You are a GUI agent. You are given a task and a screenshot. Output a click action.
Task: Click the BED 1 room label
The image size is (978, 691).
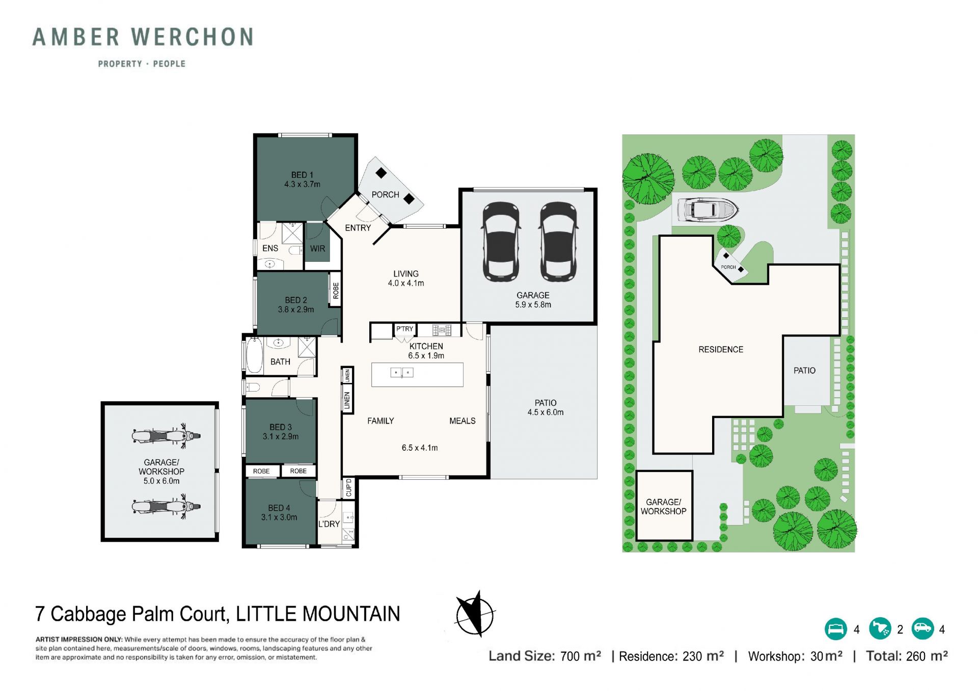click(x=302, y=175)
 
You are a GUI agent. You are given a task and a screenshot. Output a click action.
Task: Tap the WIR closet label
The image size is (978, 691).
click(x=317, y=248)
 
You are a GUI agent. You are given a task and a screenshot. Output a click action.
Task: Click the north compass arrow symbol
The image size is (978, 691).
click(x=475, y=614)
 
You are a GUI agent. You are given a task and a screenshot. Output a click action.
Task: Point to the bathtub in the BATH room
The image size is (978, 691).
click(x=254, y=355)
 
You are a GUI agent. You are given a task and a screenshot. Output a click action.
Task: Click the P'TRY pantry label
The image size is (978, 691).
click(x=405, y=329)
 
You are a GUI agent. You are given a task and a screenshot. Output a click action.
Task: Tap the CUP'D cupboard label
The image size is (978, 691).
click(x=349, y=487)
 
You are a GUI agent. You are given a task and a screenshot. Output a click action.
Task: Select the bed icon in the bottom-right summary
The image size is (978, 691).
click(x=835, y=629)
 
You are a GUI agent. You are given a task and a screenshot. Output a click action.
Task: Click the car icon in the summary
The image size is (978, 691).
click(x=922, y=629)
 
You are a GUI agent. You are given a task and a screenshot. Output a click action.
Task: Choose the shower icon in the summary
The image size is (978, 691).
click(x=880, y=629)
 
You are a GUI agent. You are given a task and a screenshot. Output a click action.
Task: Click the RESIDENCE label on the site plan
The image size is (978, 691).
click(x=721, y=349)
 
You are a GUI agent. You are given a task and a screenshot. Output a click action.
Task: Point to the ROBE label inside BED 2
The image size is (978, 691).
click(x=336, y=290)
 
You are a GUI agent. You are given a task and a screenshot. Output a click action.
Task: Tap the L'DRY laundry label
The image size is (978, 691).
click(x=329, y=524)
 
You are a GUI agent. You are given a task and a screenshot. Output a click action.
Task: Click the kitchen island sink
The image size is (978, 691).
click(x=402, y=373)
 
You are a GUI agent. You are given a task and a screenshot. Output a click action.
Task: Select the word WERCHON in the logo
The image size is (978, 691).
click(x=193, y=37)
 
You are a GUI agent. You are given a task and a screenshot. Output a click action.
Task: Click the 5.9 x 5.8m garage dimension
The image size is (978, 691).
click(x=533, y=305)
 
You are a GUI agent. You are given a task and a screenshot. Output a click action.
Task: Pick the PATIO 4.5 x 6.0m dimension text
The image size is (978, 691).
click(x=546, y=412)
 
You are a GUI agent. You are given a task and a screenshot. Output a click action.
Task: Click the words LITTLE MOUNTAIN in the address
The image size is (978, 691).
click(x=318, y=614)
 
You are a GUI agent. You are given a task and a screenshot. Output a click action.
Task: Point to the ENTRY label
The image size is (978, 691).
click(x=358, y=228)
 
